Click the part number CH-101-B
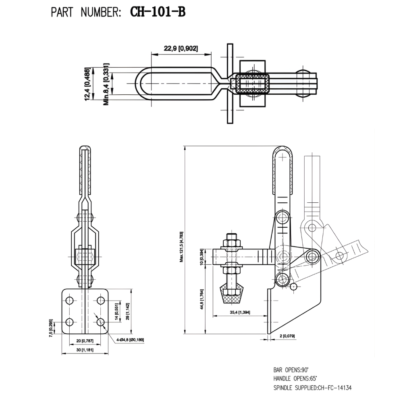[x=158, y=12]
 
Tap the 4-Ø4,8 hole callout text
[x=130, y=340]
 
